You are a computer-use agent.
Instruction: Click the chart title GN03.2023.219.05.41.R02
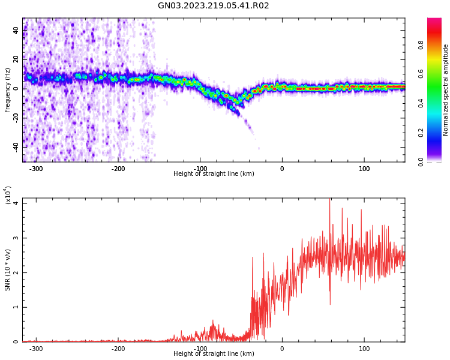[x=213, y=6]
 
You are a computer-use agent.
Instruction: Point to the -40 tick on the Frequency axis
[x=14, y=146]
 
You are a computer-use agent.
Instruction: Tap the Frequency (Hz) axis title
[x=8, y=90]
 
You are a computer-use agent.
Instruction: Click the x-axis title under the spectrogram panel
[x=214, y=174]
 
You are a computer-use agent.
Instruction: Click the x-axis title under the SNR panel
[x=214, y=354]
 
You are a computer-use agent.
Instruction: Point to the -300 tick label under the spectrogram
[x=36, y=169]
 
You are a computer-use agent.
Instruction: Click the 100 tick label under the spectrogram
[x=364, y=169]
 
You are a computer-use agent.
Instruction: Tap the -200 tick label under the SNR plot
[x=118, y=349]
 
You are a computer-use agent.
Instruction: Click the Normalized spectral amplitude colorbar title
[x=446, y=90]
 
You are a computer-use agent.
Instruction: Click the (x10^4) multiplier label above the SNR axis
[x=8, y=195]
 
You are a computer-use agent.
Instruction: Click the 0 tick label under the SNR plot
[x=282, y=349]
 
